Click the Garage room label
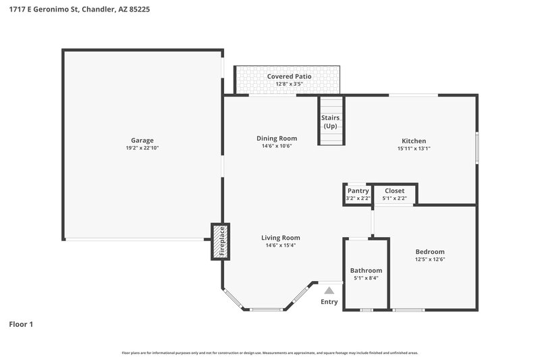coord(142,140)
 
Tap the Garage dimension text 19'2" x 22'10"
coord(142,148)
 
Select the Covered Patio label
coord(289,76)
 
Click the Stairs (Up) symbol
coord(331,122)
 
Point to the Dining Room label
coord(277,138)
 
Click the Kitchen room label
coord(414,140)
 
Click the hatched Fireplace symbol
coord(220,242)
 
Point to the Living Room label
coord(281,238)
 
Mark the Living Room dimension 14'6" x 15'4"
coord(281,246)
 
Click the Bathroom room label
coord(366,270)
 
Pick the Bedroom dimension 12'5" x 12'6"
coord(430,259)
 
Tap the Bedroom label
coord(430,251)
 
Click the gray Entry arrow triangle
coord(329,290)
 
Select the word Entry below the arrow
coord(329,302)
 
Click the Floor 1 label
coord(21,324)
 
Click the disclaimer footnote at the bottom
coord(270,353)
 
